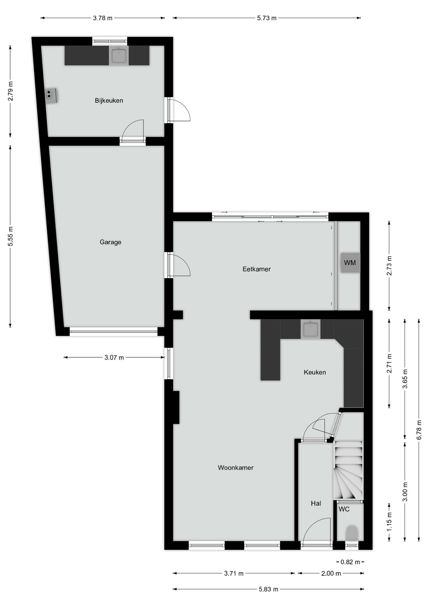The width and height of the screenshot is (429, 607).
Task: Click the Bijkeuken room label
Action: pos(109,101)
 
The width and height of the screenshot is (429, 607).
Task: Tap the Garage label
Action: pos(111,242)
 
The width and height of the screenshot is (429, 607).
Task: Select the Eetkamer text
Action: pos(257,269)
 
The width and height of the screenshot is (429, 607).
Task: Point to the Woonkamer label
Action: pos(236,468)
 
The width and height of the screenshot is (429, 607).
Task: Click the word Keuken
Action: pos(315,372)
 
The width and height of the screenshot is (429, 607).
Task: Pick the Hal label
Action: pos(316,503)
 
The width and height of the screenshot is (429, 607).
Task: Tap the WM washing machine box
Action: pos(350,263)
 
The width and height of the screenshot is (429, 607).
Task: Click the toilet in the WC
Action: pos(352,533)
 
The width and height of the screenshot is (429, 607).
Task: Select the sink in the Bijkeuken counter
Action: pos(119,56)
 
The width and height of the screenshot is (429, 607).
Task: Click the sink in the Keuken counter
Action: pos(311,329)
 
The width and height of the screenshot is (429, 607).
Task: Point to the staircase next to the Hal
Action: pos(348,470)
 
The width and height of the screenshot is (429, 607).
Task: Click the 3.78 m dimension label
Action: pos(103,18)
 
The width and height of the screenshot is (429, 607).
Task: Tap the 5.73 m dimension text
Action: pos(267,18)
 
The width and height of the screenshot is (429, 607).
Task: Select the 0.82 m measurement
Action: pos(350,562)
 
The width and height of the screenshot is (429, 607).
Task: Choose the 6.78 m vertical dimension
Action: pos(419,430)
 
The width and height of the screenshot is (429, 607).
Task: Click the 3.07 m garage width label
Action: pos(114,358)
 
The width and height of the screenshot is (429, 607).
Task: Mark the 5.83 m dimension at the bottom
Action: pos(269,589)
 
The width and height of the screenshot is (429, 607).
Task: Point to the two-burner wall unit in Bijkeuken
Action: pos(51,95)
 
